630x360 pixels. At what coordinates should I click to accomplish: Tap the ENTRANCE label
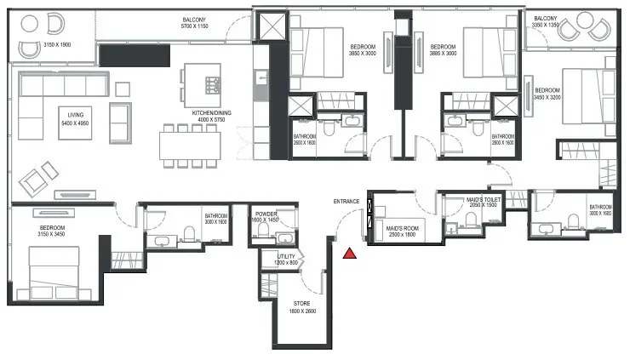click(346, 202)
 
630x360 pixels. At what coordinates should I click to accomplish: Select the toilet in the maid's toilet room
click(469, 224)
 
